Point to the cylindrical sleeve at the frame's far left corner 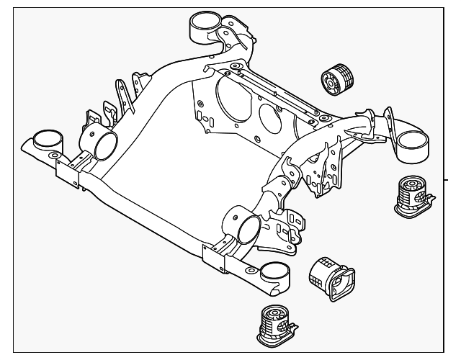point(48,140)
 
